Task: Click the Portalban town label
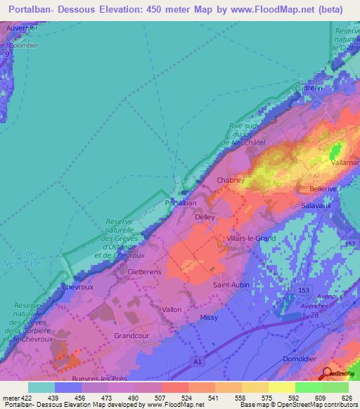point(180,202)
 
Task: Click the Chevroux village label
point(77,287)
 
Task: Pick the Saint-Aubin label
point(230,285)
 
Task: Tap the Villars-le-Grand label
point(252,239)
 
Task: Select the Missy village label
point(209,318)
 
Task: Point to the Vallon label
point(171,309)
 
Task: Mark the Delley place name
point(205,218)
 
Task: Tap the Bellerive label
point(325,190)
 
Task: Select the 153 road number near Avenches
point(303,290)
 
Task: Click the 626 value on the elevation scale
point(347,398)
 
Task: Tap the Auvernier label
point(21,27)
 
